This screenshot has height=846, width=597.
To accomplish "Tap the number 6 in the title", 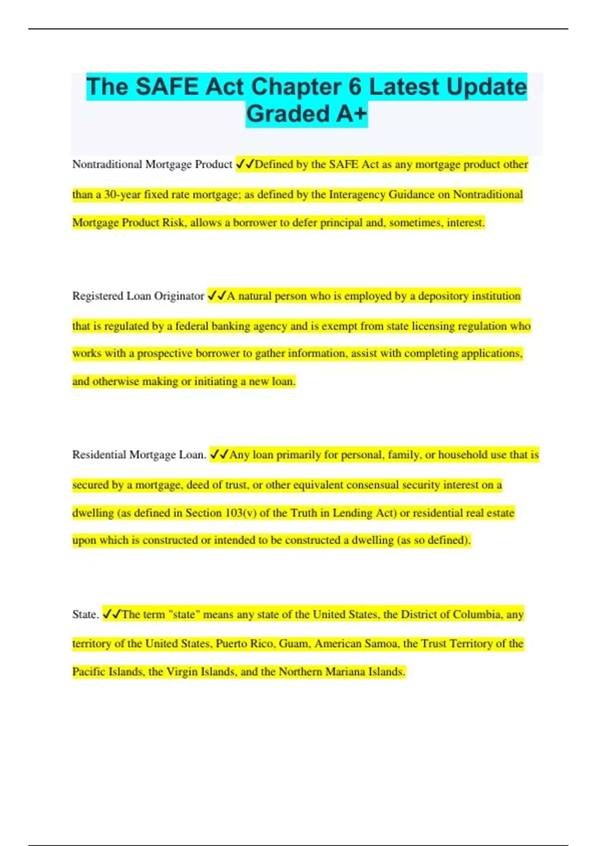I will coord(355,87).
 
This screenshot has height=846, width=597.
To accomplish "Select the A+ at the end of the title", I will coord(352,114).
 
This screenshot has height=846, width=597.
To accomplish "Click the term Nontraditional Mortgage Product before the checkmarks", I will coord(152,164).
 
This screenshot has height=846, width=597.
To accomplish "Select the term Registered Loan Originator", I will coord(138,296).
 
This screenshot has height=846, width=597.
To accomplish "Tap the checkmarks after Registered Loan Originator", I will coord(216,296).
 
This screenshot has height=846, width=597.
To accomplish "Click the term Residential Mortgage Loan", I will coord(139,455).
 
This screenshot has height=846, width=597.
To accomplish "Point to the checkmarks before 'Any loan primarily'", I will coord(219,455).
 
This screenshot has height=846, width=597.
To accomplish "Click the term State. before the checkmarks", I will coord(86,615).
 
